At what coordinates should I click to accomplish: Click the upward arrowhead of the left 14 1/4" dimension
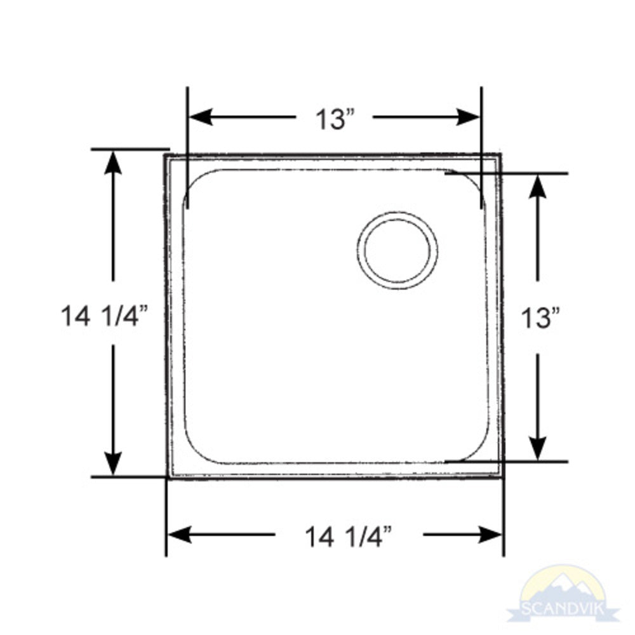[113, 162]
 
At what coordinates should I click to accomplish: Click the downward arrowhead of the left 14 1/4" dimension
[113, 464]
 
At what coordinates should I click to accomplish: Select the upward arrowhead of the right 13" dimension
[538, 185]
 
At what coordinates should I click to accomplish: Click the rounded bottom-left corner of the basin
[194, 452]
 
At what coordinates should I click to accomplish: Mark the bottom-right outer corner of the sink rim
[503, 477]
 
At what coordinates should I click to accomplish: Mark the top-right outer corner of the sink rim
[500, 154]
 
